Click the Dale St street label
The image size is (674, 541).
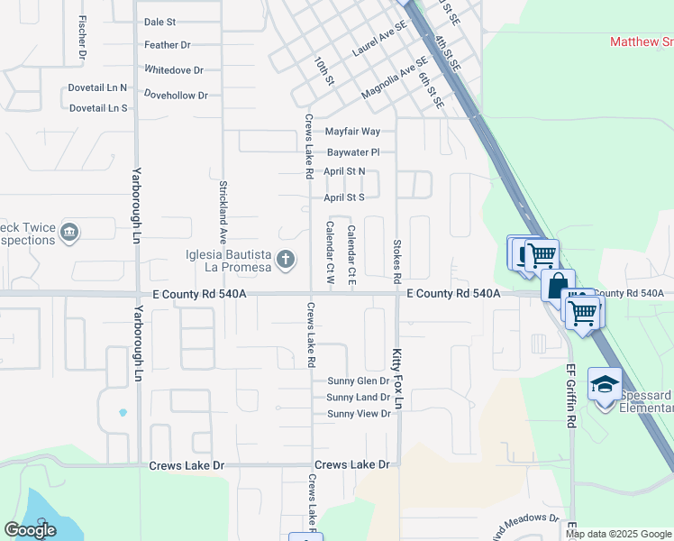[159, 22]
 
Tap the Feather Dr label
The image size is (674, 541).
[167, 45]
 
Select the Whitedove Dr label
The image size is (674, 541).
[174, 69]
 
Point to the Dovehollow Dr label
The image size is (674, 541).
[176, 95]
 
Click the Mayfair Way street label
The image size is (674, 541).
[352, 132]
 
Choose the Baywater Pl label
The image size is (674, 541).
[353, 152]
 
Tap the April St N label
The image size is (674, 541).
[344, 171]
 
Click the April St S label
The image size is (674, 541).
[344, 197]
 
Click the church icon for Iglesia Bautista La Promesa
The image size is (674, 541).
[285, 260]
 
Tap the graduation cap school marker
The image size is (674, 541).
[605, 383]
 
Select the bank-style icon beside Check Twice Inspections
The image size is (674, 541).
[68, 234]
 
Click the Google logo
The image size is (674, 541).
[30, 530]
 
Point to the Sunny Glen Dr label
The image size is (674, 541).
[358, 381]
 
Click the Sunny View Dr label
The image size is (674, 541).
[358, 414]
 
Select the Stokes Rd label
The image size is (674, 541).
[396, 259]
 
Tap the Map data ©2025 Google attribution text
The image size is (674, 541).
[617, 534]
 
